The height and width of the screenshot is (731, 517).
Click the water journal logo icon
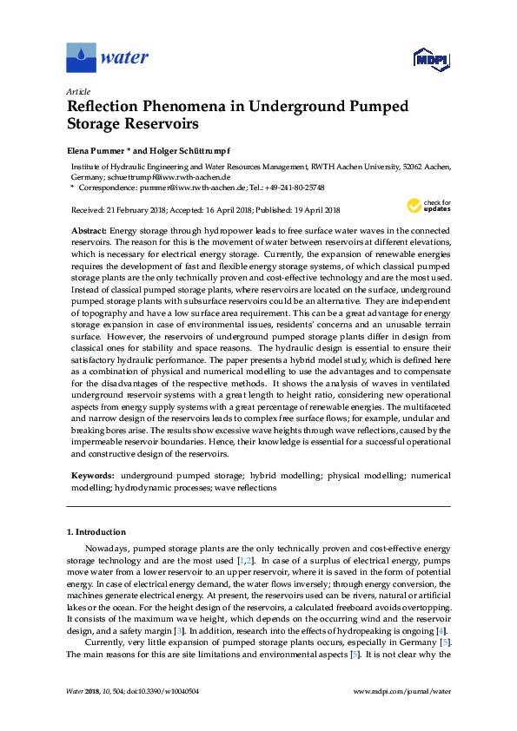coord(81,57)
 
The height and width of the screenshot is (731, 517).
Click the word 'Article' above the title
coord(78,90)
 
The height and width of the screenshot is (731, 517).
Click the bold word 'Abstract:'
coord(88,230)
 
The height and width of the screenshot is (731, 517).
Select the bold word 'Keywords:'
coord(91,477)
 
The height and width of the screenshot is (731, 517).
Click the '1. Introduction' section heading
coord(96,531)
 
